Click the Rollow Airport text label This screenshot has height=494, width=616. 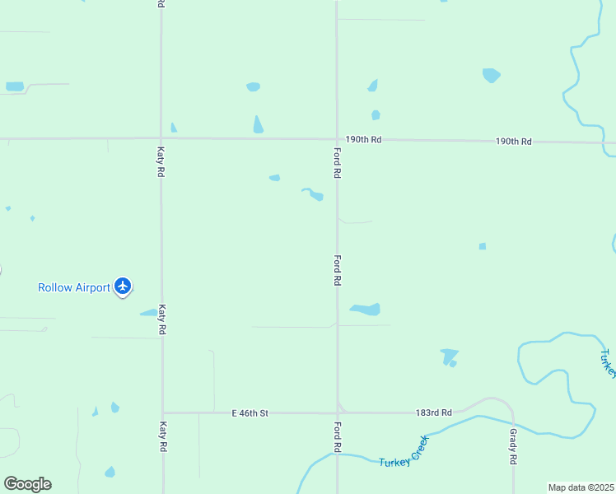click(x=74, y=287)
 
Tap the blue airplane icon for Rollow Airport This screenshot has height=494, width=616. click(x=124, y=286)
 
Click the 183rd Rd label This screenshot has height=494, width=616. click(x=434, y=412)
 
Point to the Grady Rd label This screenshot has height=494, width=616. click(x=512, y=445)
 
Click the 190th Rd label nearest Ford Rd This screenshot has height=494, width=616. click(x=363, y=140)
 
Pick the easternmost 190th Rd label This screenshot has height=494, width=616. click(x=514, y=142)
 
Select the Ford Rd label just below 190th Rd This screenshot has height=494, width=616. click(x=337, y=163)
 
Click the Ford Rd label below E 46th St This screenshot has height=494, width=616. click(x=337, y=436)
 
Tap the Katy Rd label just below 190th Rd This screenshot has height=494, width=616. click(x=161, y=162)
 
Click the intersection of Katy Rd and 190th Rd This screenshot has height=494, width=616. click(x=161, y=138)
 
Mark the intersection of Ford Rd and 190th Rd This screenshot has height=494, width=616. click(x=337, y=139)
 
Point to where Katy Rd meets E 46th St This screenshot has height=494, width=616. click(x=163, y=412)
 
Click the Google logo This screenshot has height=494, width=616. click(x=27, y=484)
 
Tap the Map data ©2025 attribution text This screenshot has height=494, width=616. click(x=581, y=487)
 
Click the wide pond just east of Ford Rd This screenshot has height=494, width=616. click(x=366, y=310)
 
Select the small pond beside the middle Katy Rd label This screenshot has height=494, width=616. click(x=148, y=312)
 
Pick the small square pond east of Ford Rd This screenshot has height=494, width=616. click(x=483, y=246)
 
